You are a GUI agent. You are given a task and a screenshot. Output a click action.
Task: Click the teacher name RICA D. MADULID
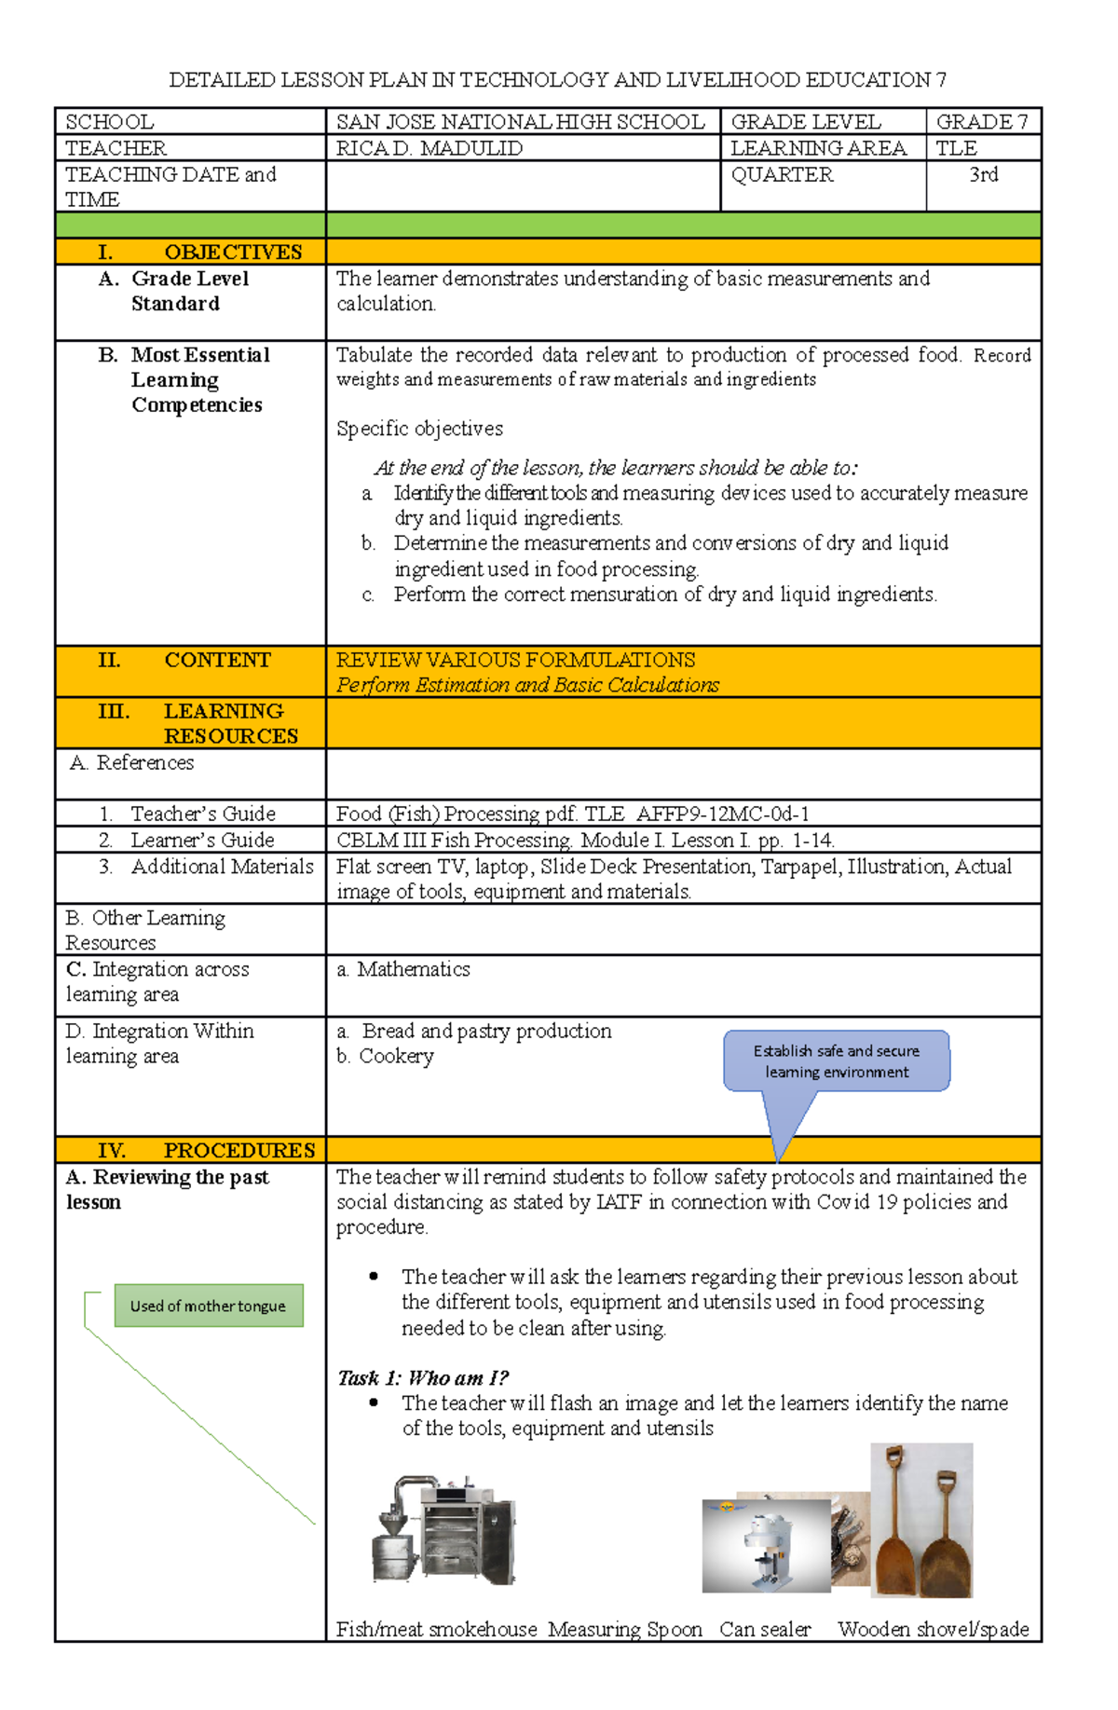429,148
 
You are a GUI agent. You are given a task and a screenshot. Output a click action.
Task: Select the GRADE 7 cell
982,122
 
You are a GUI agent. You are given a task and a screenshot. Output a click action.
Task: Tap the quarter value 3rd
984,175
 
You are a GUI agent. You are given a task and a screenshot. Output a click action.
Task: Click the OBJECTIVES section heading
233,253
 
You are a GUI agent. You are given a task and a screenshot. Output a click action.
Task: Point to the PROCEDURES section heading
239,1150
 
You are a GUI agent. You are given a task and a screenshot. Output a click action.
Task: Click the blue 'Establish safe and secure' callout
837,1061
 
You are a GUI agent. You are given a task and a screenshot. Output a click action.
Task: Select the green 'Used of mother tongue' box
209,1306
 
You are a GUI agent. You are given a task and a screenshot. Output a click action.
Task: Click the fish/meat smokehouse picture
444,1530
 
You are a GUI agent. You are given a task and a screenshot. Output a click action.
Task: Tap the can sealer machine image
766,1545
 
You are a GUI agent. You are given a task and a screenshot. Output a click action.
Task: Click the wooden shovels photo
922,1520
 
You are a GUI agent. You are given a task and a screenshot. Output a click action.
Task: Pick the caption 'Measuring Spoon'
625,1629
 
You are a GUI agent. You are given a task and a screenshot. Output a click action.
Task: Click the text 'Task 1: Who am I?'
423,1377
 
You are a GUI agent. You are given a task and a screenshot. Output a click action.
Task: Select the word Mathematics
414,969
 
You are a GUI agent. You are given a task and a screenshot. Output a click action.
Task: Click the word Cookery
397,1056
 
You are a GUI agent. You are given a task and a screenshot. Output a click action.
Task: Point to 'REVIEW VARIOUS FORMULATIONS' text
515,660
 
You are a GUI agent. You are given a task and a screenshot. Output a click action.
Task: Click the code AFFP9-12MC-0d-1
723,814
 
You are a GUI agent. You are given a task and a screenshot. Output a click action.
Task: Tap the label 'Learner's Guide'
202,840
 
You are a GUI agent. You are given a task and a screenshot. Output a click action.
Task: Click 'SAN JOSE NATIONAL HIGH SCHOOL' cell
521,122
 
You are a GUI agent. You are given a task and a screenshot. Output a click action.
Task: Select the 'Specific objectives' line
419,429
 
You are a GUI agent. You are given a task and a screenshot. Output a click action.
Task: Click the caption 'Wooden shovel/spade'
934,1629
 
